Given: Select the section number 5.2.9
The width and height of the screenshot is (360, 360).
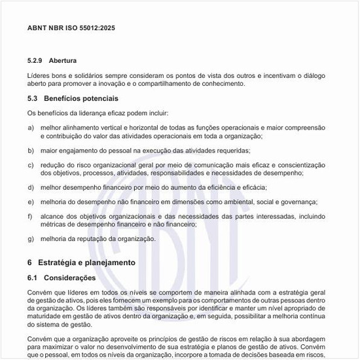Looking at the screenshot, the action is click(35, 60).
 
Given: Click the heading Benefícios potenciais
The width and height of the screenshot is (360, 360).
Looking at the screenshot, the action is click(81, 99).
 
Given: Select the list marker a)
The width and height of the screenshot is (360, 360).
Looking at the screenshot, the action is click(31, 127).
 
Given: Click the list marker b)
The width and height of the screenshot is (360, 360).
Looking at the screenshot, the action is click(31, 150).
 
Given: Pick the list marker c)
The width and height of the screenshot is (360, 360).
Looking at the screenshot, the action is click(31, 164).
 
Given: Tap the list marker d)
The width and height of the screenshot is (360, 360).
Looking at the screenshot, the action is click(31, 187).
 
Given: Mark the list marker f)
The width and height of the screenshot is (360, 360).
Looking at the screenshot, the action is click(30, 216).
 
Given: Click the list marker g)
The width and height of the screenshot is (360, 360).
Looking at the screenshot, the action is click(31, 239).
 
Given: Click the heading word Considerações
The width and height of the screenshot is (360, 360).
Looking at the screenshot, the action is click(70, 278).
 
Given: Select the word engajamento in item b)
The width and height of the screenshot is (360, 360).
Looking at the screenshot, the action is click(75, 150).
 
